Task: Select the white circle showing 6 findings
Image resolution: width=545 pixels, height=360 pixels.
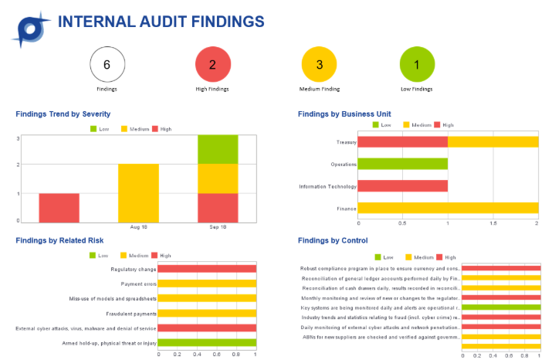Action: coord(107,64)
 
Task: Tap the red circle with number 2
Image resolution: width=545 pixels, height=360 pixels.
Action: coord(212,64)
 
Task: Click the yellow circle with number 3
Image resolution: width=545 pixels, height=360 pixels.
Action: coord(320,64)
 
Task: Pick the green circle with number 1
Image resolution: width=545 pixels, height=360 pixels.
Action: coord(417,64)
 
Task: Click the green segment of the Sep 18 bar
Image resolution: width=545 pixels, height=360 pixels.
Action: coord(218,150)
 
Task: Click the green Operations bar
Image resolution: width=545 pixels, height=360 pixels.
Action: coord(402,164)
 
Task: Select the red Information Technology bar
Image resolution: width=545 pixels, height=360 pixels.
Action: coord(402,185)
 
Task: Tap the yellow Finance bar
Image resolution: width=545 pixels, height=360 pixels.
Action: coord(448,207)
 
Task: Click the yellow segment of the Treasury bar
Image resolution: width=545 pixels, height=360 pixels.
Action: coord(493,142)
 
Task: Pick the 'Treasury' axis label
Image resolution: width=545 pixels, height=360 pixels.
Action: coord(345,142)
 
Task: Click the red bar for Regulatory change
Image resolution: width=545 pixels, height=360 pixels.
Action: coord(206,269)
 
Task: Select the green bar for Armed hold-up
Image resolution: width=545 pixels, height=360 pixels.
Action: coord(206,342)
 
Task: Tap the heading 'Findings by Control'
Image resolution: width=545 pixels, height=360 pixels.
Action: coord(333,241)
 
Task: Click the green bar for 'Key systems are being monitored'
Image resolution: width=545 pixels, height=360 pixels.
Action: coord(501,307)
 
